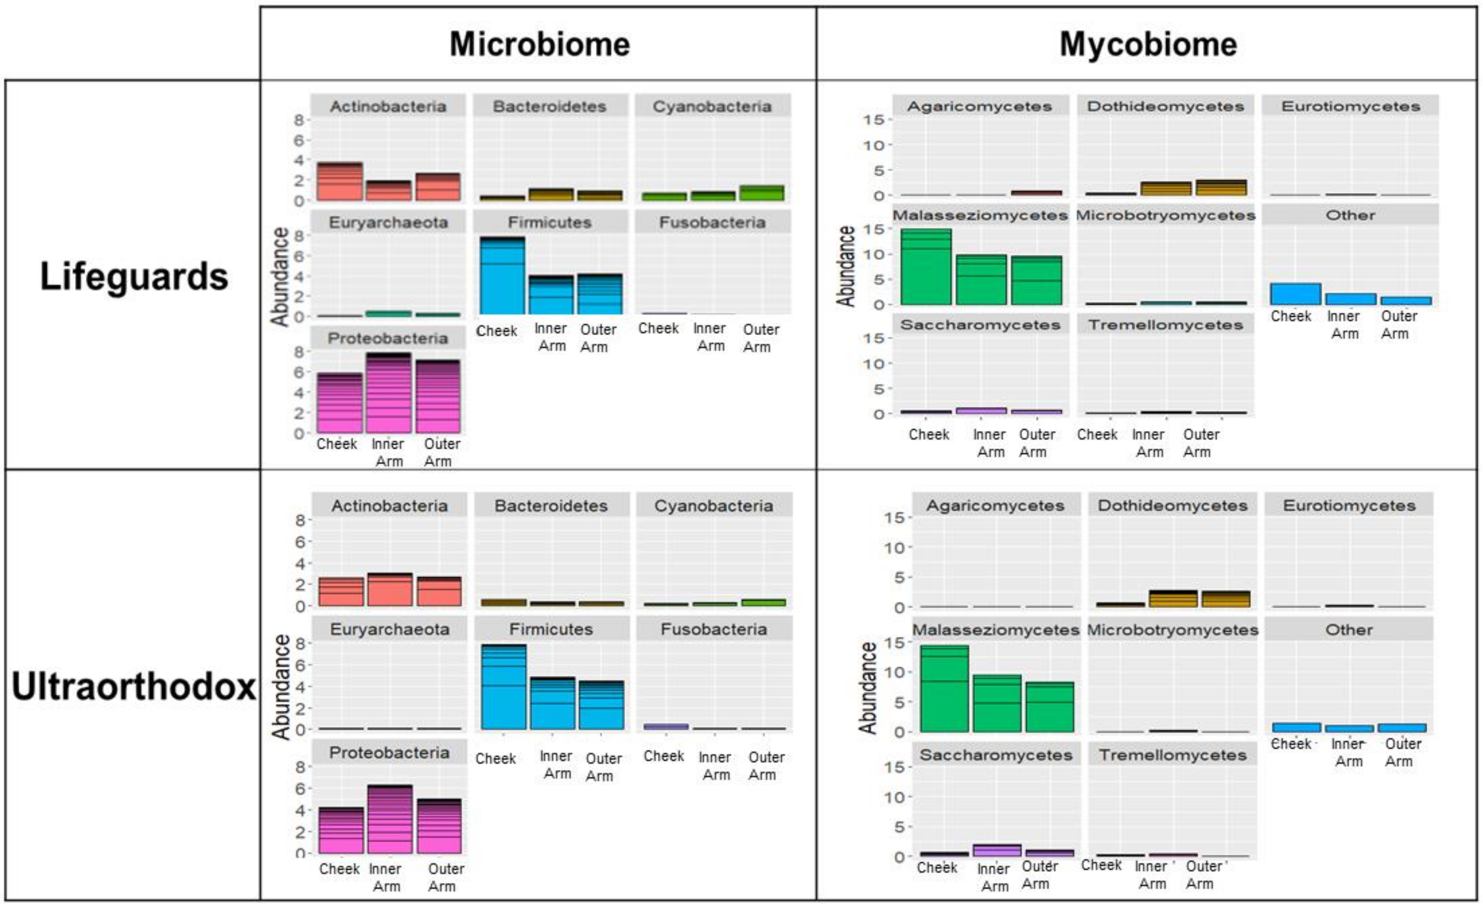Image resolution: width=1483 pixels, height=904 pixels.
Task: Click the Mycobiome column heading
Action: click(x=1148, y=44)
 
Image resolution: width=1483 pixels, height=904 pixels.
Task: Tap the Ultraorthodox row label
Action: click(x=134, y=686)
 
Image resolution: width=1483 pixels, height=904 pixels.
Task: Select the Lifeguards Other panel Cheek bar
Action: click(x=1295, y=294)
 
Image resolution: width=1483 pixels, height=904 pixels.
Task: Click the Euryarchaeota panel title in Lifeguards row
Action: click(x=388, y=223)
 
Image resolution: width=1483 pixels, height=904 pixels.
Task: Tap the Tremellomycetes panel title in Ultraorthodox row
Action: click(x=1172, y=755)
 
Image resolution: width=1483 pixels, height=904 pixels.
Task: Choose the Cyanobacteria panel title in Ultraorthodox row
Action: click(x=714, y=506)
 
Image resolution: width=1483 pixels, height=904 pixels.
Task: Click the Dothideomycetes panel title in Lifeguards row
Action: click(x=1165, y=107)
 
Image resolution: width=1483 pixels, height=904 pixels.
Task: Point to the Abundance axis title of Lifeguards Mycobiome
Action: click(x=846, y=267)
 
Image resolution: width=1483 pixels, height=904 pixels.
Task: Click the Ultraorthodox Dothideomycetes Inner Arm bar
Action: click(x=1173, y=598)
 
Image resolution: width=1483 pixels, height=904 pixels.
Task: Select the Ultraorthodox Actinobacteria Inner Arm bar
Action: click(x=390, y=590)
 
